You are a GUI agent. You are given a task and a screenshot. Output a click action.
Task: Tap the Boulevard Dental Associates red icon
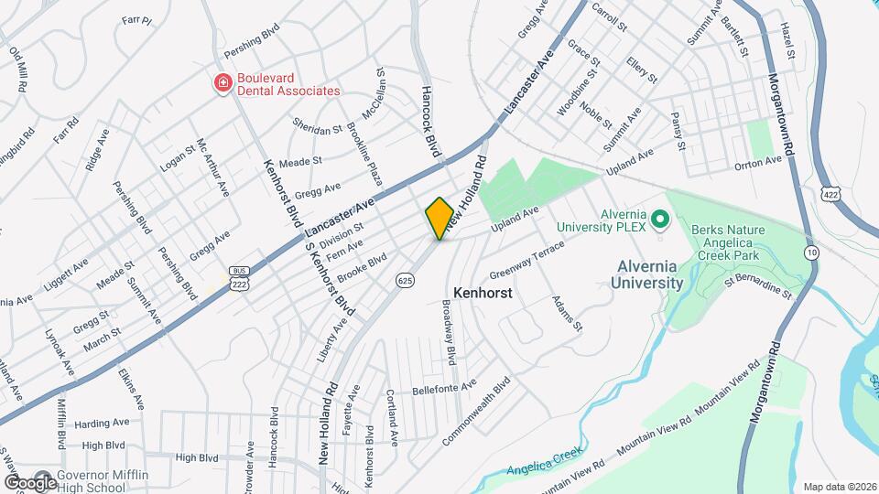click(222, 84)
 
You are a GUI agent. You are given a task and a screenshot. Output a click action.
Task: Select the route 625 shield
click(403, 278)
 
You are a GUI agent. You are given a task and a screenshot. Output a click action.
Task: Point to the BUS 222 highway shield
click(240, 277)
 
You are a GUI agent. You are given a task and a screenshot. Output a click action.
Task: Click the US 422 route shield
click(830, 195)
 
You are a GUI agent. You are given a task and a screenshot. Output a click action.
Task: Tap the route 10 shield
click(811, 251)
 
